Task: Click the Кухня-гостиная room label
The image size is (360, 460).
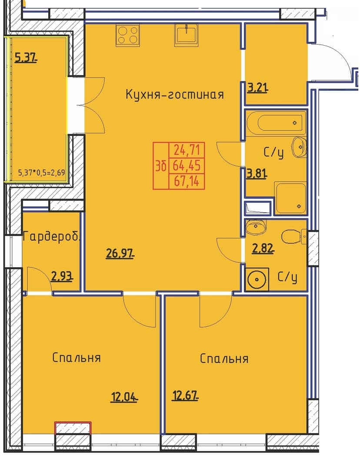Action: [175, 94]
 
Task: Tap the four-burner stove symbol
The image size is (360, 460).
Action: [127, 35]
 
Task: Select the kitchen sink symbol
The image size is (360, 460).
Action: [187, 35]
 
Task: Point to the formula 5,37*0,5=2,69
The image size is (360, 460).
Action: [41, 173]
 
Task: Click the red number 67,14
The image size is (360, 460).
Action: [187, 182]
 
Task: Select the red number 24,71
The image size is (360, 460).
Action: [187, 150]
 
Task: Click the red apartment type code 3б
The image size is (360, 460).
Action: [161, 166]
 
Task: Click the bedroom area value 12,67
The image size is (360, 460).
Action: [185, 396]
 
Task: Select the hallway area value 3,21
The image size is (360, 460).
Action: [257, 88]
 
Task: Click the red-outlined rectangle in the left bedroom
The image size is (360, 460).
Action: [73, 428]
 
